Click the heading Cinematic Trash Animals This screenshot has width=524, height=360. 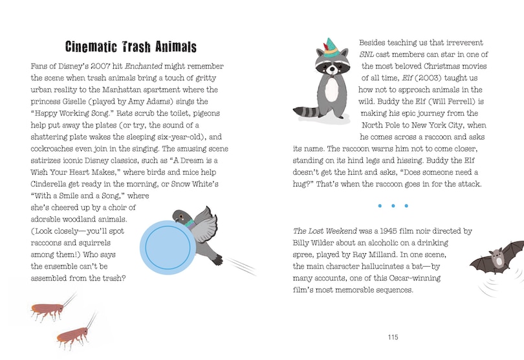(131, 47)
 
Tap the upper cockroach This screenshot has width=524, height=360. (49, 311)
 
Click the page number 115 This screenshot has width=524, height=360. (393, 337)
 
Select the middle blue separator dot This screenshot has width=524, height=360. (393, 206)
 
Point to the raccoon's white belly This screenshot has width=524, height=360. (332, 91)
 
